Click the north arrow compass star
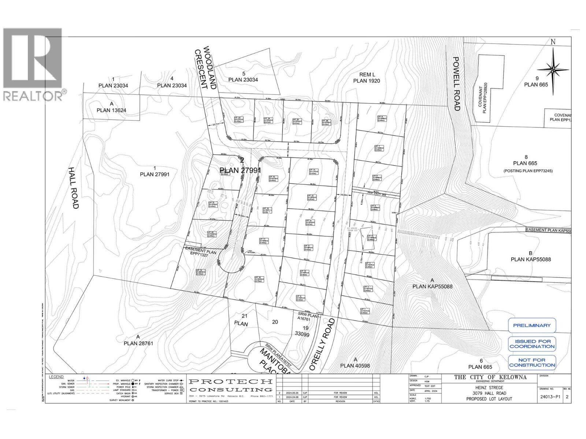(553, 69)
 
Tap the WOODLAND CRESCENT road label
(206, 68)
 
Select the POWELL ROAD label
(456, 84)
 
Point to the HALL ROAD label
(73, 188)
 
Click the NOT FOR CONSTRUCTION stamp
(532, 363)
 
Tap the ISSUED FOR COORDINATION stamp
(532, 344)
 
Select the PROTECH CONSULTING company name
(231, 385)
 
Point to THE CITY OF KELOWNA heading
(490, 377)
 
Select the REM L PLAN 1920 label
(366, 78)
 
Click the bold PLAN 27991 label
(240, 170)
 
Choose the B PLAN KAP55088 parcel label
(531, 256)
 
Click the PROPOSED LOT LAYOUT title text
(489, 399)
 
